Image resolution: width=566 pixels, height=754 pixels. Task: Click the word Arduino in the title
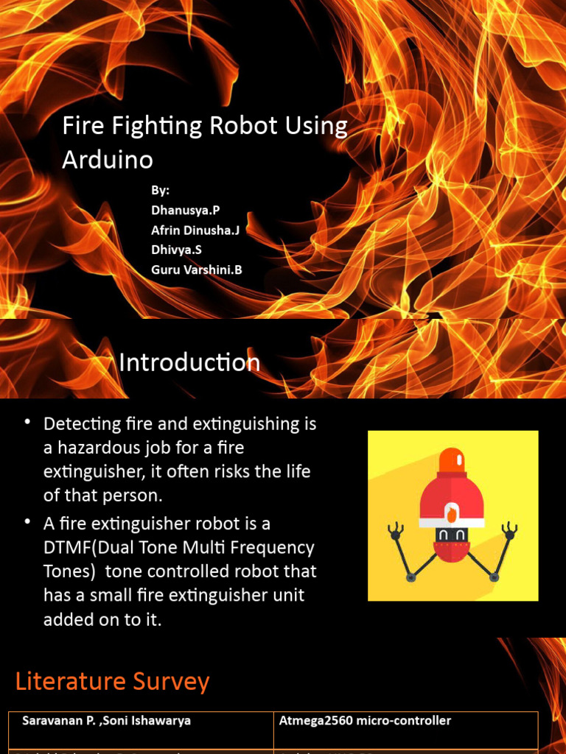point(108,160)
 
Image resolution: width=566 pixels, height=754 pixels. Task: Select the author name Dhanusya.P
point(186,211)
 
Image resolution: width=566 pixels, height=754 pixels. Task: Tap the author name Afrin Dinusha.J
point(195,230)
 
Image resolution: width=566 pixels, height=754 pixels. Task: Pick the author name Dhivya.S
point(176,250)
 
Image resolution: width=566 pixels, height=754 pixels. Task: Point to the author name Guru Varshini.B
point(197,270)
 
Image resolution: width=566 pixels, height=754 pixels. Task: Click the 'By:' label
point(161,191)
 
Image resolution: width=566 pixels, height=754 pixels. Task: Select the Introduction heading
point(189,362)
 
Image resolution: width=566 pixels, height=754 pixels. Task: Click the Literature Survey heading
point(112,682)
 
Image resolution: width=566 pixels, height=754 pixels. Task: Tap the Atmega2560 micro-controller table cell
point(365,722)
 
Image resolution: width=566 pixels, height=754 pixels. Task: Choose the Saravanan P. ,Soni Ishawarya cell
point(106,722)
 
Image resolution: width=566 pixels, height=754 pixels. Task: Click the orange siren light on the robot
point(451,462)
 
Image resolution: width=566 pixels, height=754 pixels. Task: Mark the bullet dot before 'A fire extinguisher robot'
point(28,522)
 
